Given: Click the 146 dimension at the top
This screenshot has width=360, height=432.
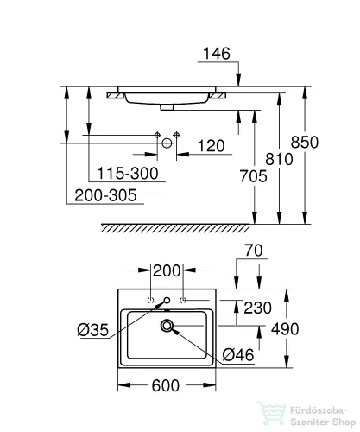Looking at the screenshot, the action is [217, 54].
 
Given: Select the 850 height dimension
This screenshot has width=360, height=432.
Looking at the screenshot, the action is [305, 142].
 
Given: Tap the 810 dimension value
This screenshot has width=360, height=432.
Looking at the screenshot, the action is [279, 159].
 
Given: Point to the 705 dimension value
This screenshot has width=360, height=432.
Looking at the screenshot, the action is [253, 176].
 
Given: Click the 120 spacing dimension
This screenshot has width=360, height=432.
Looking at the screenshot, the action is [211, 146].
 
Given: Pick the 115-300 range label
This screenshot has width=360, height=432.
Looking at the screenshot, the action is [128, 174].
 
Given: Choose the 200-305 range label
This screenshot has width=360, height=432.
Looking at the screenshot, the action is [105, 195].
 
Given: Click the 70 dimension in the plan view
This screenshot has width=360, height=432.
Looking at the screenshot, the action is [254, 251].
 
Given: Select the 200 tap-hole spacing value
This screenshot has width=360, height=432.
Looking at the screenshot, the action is [167, 270].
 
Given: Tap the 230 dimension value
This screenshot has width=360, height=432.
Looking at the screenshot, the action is [257, 308].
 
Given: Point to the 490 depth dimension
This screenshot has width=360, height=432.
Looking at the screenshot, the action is [285, 328].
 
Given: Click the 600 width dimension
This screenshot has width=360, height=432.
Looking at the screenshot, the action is [166, 385].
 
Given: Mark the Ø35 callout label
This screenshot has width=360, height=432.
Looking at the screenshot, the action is [93, 330].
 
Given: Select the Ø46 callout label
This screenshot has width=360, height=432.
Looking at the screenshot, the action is [238, 355].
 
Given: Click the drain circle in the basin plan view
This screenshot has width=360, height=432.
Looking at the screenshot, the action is [167, 326].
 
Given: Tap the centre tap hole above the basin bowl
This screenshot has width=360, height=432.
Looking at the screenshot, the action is [167, 301].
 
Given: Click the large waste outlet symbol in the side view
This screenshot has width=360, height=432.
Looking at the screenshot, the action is [167, 143].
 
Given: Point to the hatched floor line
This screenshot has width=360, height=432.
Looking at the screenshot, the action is [175, 228].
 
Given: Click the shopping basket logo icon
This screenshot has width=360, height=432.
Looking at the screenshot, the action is [271, 414].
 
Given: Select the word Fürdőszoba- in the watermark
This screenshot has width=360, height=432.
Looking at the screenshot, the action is [319, 410].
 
